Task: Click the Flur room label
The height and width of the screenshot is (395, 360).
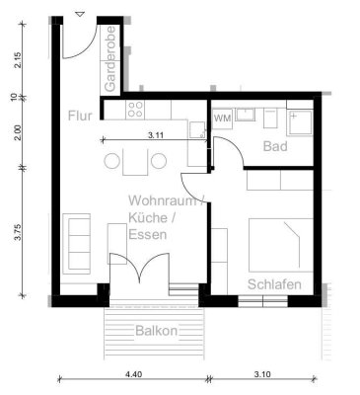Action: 80,116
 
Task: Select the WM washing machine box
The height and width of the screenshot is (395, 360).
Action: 222,118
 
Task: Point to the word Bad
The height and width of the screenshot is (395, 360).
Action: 275,146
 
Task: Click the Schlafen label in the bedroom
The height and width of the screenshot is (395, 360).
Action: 274,284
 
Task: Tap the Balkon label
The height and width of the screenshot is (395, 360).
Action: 157,331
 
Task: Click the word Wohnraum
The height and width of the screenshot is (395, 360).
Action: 163,200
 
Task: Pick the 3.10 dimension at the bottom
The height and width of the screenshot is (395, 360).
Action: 262,373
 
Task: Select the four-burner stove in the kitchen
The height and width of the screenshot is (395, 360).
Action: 134,110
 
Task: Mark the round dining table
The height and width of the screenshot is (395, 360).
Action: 135,160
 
